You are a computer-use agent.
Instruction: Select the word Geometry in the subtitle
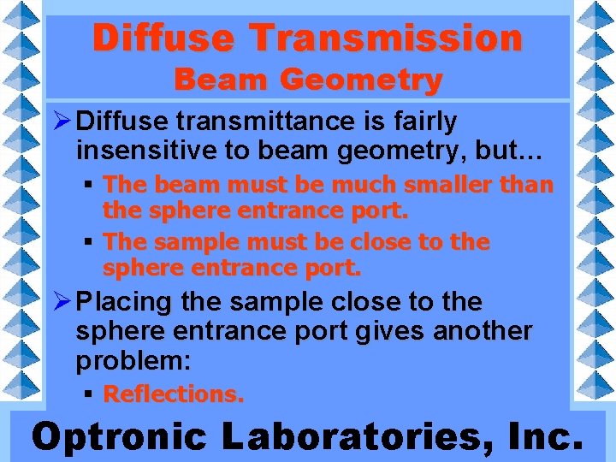363,80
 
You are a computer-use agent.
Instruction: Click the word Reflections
173,394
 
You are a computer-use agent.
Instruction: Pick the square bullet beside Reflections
89,394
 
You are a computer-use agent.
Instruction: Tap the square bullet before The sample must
89,243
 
